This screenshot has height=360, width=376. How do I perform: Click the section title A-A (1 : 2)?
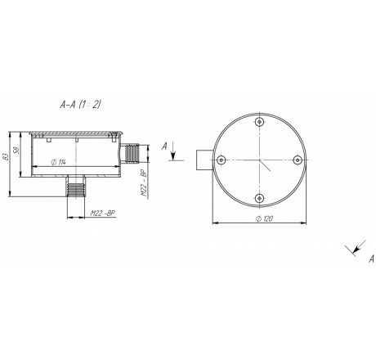pos(80,105)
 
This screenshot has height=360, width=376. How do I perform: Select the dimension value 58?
pos(16,151)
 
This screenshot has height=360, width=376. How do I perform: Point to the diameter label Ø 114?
pos(59,162)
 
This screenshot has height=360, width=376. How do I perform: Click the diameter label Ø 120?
pos(265,218)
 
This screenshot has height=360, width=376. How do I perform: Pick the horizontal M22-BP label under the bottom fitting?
pos(102,213)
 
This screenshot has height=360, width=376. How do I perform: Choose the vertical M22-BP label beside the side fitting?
pos(144,184)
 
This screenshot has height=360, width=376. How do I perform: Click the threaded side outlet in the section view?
pos(129,153)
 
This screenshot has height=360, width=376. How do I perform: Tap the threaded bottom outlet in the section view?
pos(76,187)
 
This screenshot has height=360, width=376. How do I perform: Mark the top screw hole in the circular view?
pos(260,121)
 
